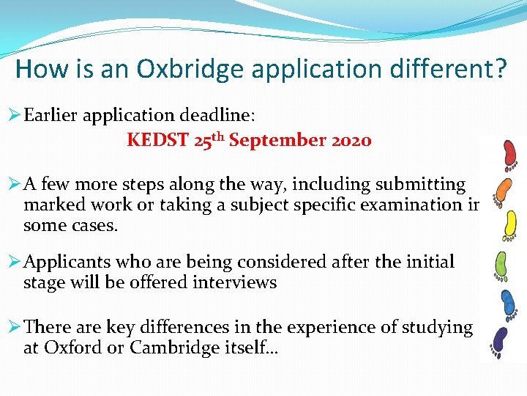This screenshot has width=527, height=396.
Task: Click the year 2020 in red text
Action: point(349,139)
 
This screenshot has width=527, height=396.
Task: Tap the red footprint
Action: point(509,153)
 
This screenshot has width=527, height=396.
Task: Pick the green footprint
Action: point(503,264)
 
